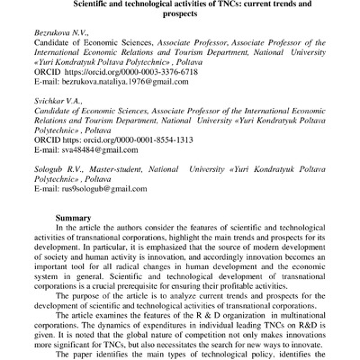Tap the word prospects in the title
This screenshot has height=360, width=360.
point(179,16)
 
